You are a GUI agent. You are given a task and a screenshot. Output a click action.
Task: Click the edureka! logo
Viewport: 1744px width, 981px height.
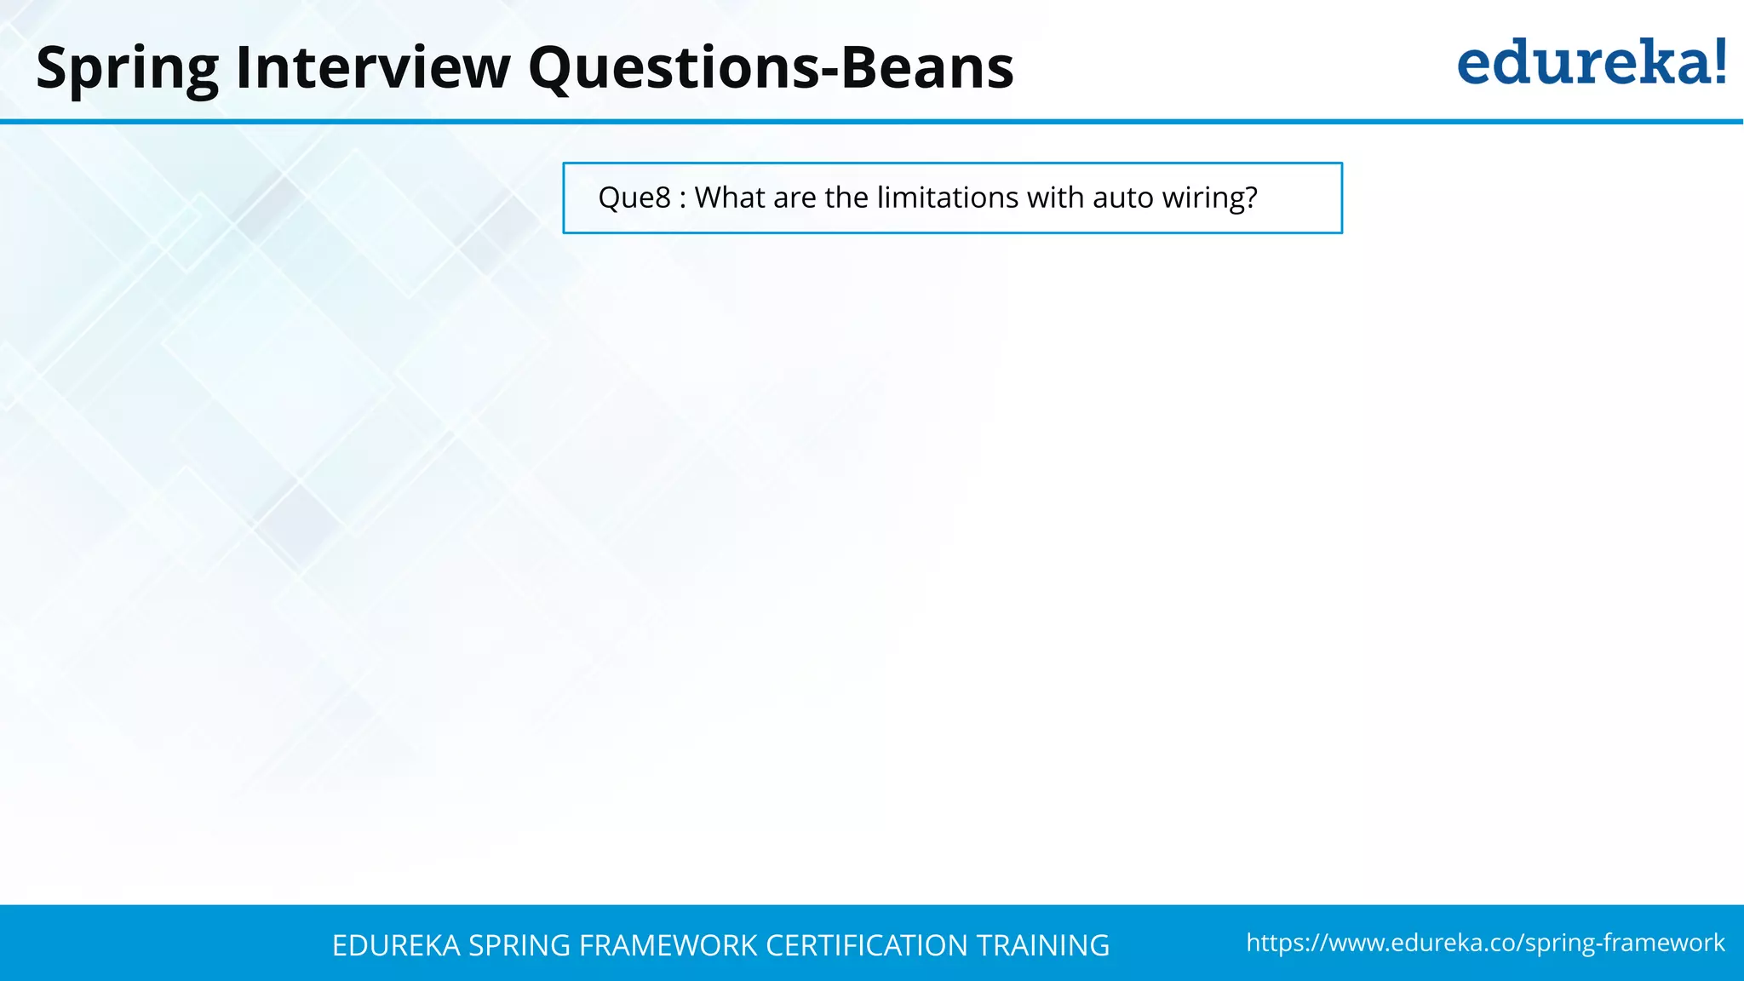[x=1591, y=63]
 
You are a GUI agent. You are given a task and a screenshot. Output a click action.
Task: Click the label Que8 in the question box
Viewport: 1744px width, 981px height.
[x=634, y=198]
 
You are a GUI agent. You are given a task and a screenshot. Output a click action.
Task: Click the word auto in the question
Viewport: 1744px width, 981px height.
[x=1122, y=198]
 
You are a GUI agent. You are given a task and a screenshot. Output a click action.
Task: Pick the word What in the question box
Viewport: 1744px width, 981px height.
[x=730, y=198]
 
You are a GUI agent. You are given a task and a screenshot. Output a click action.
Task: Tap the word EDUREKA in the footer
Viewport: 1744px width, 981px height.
[x=396, y=946]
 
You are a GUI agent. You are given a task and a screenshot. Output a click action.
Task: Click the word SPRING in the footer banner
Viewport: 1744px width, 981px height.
[x=519, y=946]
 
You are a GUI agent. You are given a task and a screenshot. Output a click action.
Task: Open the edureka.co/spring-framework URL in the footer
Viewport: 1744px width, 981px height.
[x=1485, y=943]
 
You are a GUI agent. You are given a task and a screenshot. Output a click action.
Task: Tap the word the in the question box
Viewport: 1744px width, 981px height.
[x=846, y=198]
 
